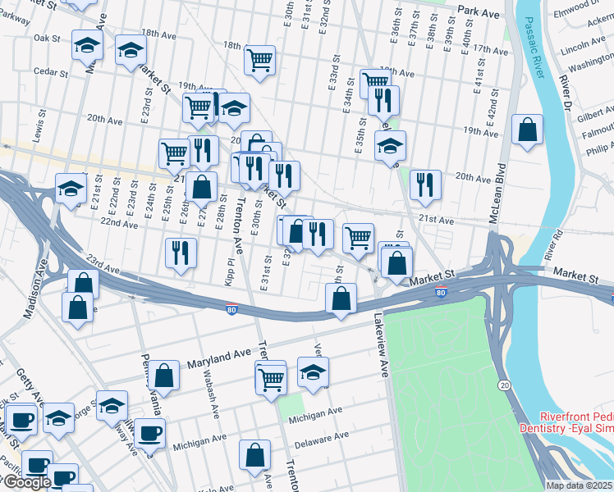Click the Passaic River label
click(x=538, y=48)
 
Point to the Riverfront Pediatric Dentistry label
click(x=566, y=422)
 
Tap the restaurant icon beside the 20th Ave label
click(x=424, y=184)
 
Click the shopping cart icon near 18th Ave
click(x=259, y=59)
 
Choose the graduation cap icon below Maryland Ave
click(x=311, y=374)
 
